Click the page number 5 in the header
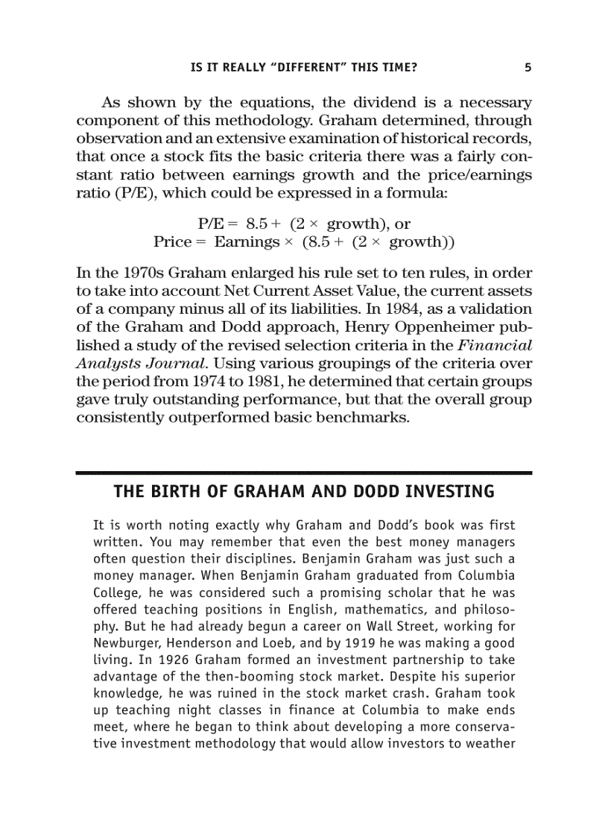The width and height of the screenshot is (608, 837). pos(528,67)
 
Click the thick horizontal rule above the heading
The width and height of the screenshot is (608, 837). pos(304,473)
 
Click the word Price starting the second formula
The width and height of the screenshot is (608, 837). pos(173,242)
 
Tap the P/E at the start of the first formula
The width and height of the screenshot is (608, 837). pos(212,224)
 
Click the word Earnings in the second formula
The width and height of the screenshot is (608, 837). pos(245,242)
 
